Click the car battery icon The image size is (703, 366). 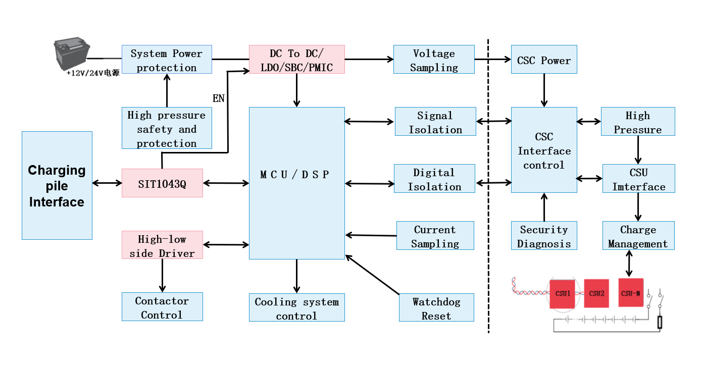[72, 55]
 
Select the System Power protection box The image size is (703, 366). [167, 60]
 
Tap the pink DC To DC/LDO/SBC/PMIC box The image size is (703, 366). [296, 60]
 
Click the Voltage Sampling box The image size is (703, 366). [434, 60]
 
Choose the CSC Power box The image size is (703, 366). [544, 60]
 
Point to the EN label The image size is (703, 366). [219, 98]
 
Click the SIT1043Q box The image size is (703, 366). [162, 183]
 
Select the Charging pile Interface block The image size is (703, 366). [57, 185]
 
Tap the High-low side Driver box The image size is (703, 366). [162, 245]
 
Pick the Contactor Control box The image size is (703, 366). [162, 307]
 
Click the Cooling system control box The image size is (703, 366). [296, 308]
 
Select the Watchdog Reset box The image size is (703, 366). [436, 308]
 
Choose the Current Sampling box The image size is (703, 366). [435, 236]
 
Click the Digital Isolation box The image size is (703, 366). [434, 179]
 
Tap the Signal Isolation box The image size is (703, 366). [435, 122]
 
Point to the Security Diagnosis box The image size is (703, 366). [544, 236]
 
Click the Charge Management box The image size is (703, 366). [638, 236]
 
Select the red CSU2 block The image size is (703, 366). [596, 293]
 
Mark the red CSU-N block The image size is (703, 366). [631, 293]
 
